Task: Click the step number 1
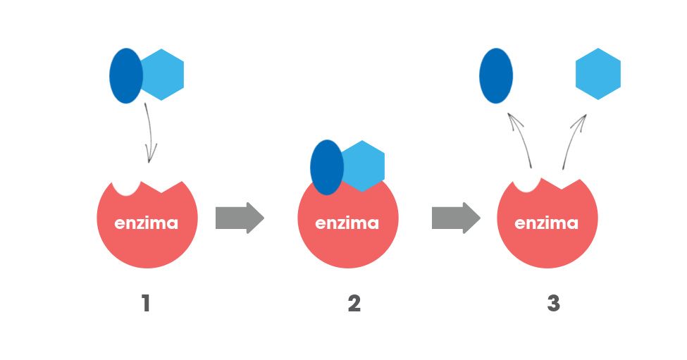[x=146, y=304]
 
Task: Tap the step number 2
[x=354, y=304]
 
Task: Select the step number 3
[x=553, y=304]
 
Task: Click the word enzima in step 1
[x=147, y=223]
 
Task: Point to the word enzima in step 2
[x=347, y=223]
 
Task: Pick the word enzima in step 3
[x=547, y=223]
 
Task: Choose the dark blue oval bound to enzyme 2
[x=326, y=167]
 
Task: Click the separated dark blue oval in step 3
[x=496, y=75]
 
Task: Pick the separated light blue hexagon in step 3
[x=598, y=74]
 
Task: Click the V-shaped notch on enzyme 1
[x=164, y=187]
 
